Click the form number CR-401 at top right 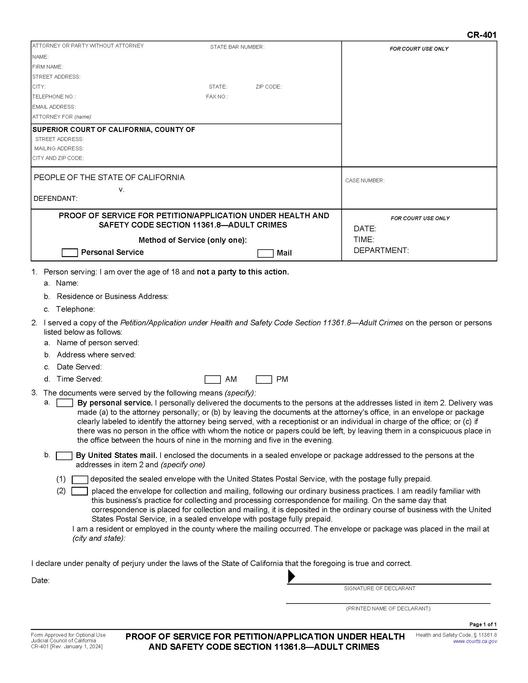coord(481,35)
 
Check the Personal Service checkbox coord(70,253)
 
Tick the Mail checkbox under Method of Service coord(265,253)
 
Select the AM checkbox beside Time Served coord(212,379)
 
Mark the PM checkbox coord(264,379)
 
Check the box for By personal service coord(64,403)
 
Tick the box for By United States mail coord(64,456)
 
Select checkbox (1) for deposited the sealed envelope coord(80,479)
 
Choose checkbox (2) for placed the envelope coord(80,491)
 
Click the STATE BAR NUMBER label coord(237,47)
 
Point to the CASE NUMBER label coord(365,180)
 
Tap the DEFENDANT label coord(55,199)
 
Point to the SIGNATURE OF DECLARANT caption coord(380,588)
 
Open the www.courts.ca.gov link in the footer coord(475,641)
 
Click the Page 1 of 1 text coord(483,624)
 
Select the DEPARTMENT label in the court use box coord(381,251)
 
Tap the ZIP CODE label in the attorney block coord(268,87)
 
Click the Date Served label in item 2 coord(79,367)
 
